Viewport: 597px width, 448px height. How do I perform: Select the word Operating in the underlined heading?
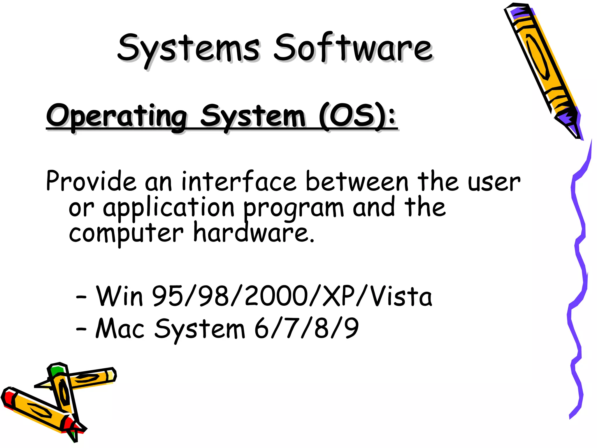117,117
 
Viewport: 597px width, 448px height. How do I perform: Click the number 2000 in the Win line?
276,296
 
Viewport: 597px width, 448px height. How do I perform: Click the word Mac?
120,329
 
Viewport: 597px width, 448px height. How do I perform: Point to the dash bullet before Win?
81,297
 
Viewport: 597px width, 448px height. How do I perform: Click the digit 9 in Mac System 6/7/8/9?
352,328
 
